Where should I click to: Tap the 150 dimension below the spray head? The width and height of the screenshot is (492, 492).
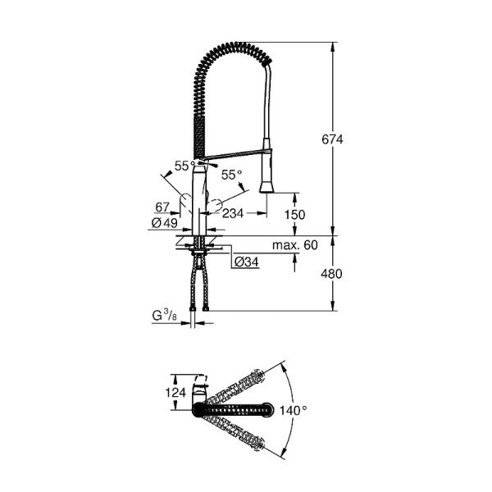coord(294,215)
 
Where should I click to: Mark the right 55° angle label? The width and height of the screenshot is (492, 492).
coord(231,175)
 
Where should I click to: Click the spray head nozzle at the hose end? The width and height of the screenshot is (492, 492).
coord(266,185)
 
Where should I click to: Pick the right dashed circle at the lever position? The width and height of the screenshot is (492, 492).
coord(216,205)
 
